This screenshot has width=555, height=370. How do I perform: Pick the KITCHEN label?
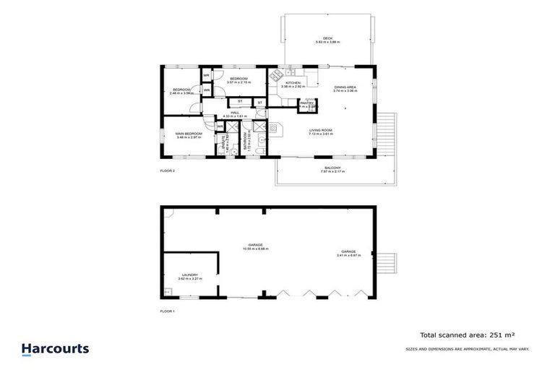tap(293, 84)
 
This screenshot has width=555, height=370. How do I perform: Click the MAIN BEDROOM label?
tap(188, 134)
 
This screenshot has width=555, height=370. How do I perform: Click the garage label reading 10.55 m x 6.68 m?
tap(257, 246)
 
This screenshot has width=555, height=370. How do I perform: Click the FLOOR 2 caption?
tap(168, 171)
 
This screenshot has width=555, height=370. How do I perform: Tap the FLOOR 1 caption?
tap(168, 311)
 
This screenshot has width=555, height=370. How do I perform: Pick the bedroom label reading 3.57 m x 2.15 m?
tap(238, 80)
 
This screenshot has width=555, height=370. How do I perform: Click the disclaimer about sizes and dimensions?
tap(467, 349)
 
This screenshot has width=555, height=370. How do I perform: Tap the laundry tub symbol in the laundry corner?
tap(168, 291)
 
